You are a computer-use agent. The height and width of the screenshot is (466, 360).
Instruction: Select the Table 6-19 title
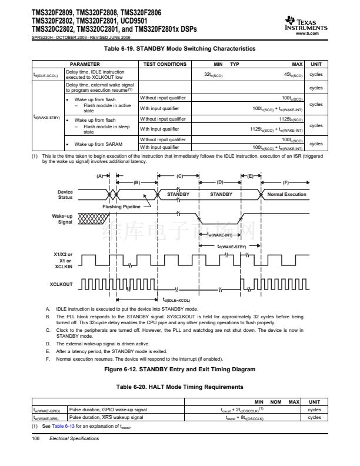pos(179,48)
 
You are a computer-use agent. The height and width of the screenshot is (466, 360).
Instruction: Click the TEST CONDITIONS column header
pos(165,64)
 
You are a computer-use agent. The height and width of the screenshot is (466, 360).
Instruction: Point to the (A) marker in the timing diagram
pos(100,175)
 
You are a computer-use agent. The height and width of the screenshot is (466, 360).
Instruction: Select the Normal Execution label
pos(286,194)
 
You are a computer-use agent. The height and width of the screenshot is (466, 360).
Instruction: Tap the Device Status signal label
pos(65,194)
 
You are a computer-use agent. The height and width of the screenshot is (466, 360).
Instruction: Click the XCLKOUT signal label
pos(62,284)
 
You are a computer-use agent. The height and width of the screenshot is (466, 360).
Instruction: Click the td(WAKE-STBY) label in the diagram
pos(232,247)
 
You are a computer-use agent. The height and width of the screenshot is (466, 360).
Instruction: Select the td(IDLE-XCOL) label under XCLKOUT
pos(176,300)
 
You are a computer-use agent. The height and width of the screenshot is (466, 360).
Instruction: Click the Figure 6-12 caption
pos(179,370)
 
